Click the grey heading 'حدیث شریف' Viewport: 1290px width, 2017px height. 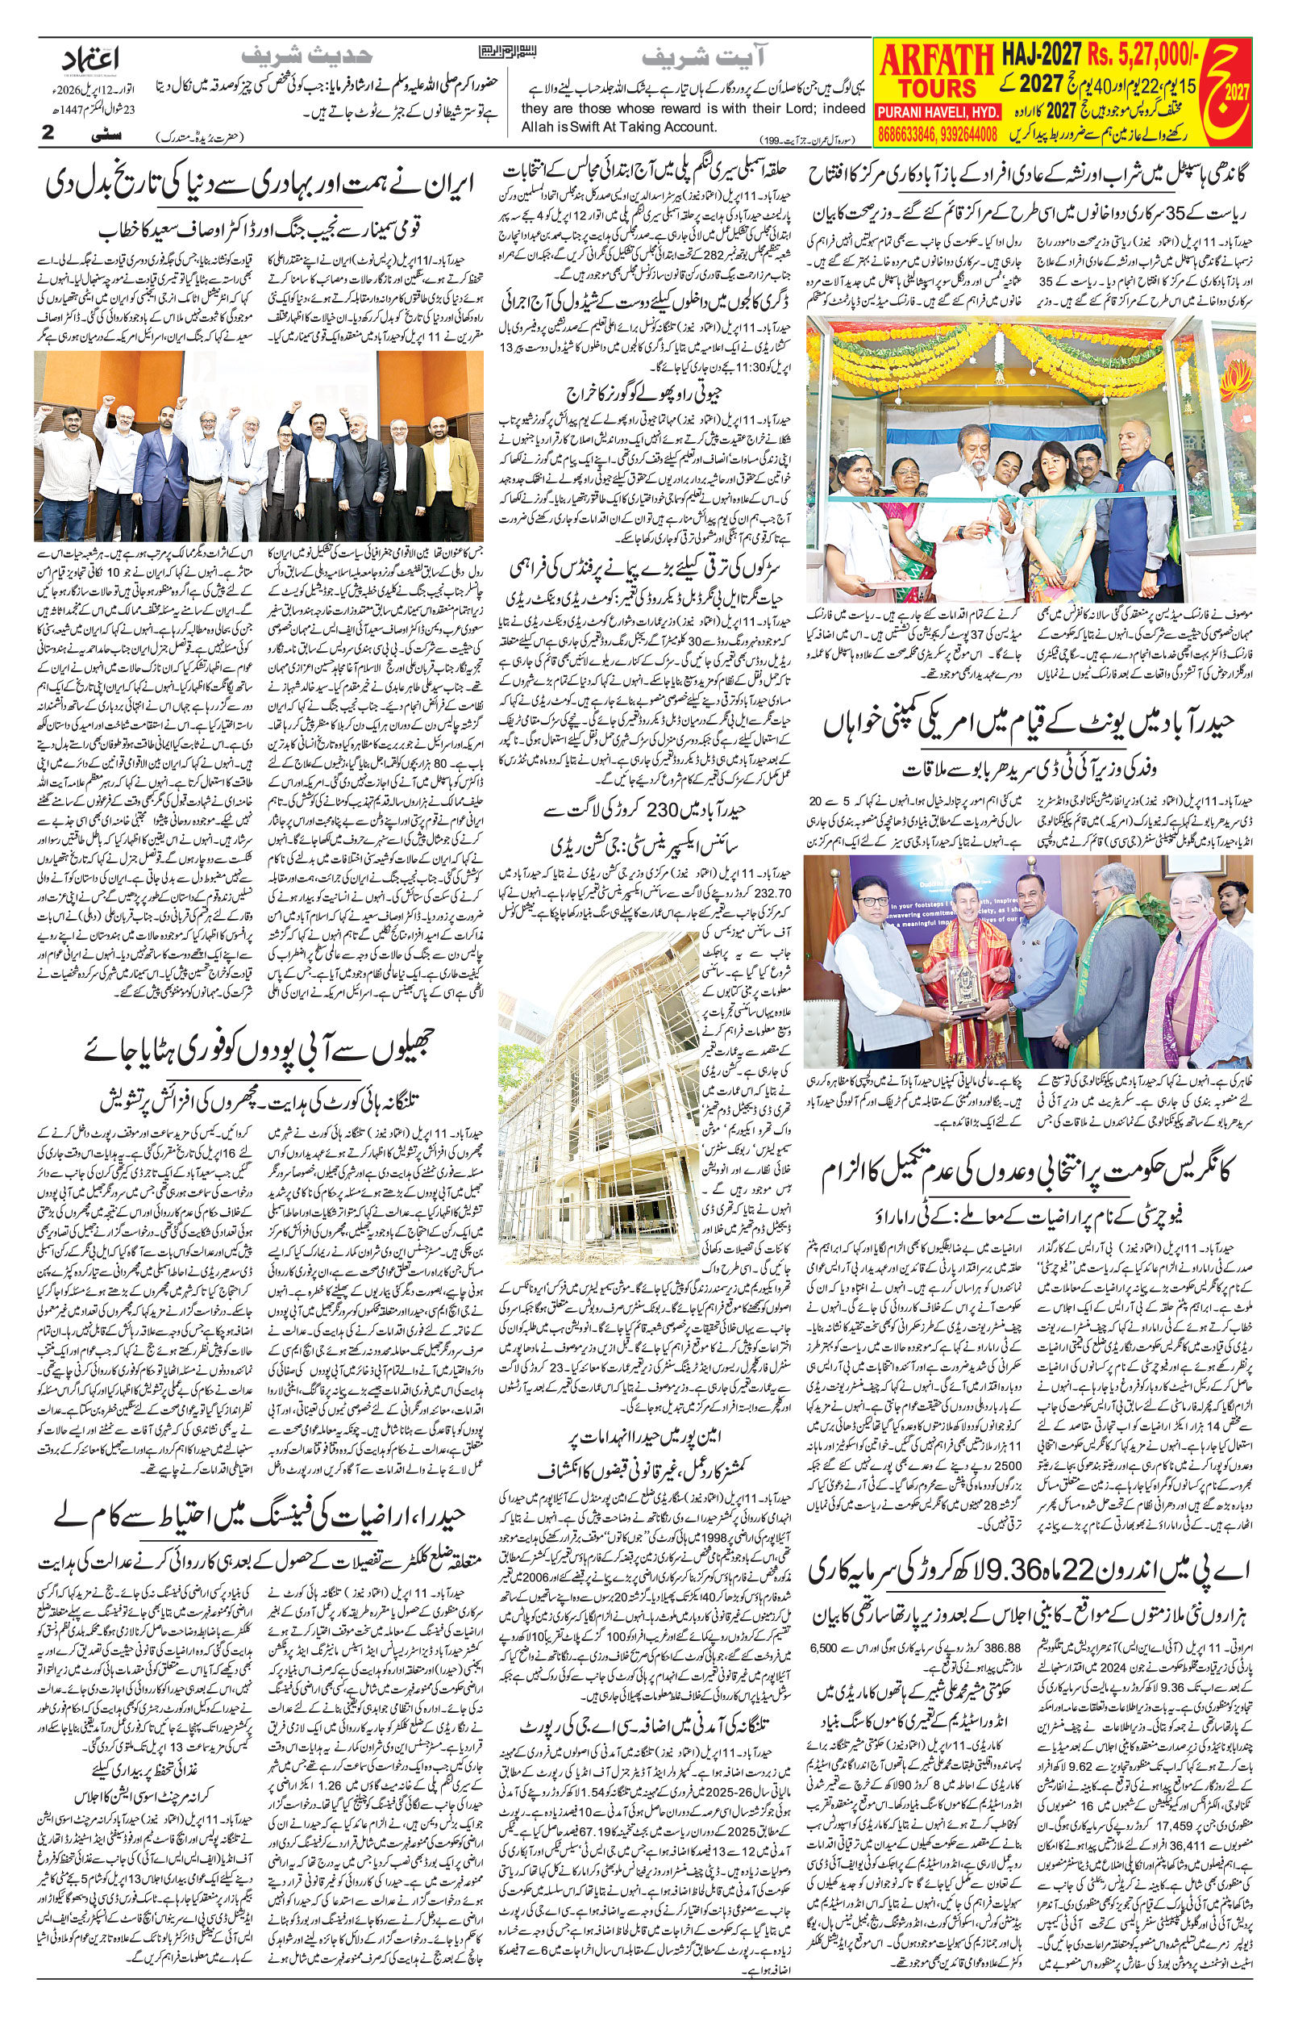pos(306,57)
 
